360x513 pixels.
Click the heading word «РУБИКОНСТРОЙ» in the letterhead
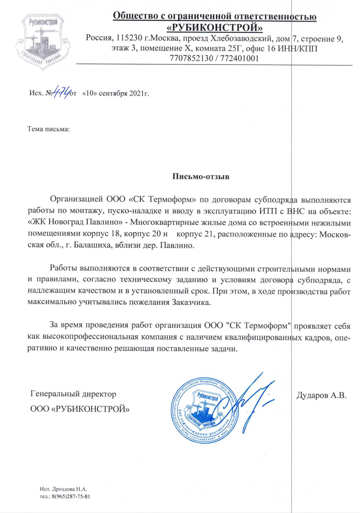click(215, 28)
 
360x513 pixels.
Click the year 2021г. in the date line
click(139, 94)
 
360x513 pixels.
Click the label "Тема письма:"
click(49, 130)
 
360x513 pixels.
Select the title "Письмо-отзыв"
click(201, 176)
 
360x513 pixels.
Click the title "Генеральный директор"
click(73, 394)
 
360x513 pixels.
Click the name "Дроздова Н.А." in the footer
click(68, 489)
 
